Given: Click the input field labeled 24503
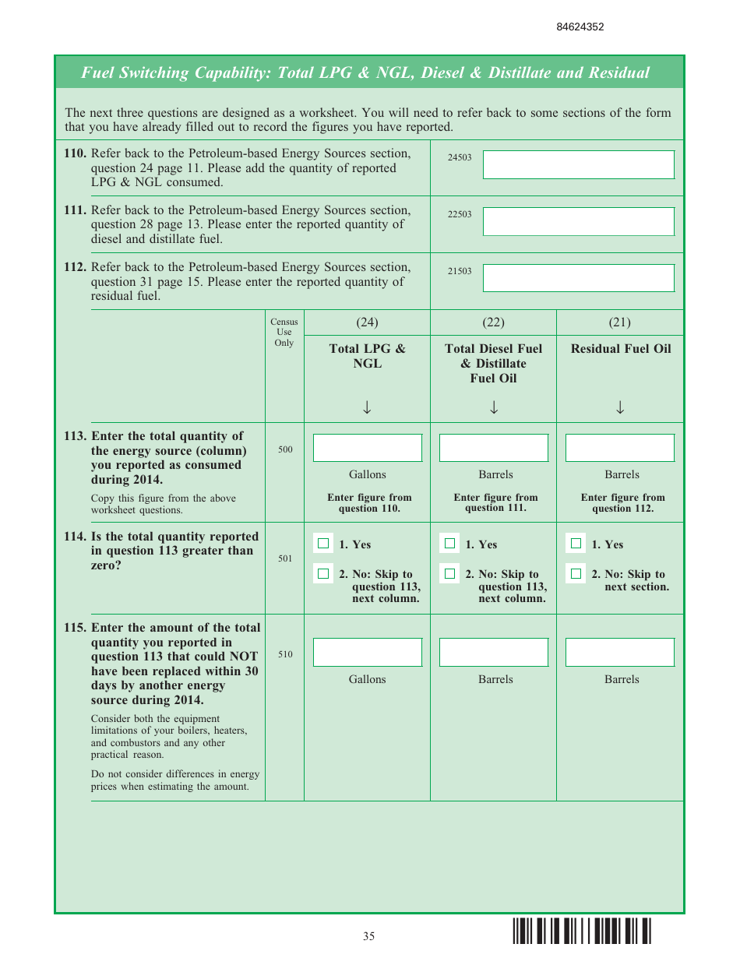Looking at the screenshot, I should pyautogui.click(x=578, y=164).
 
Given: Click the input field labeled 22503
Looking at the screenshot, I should pyautogui.click(x=578, y=221).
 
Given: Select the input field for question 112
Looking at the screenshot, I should pyautogui.click(x=578, y=278).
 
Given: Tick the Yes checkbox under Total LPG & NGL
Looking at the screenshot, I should pyautogui.click(x=323, y=544).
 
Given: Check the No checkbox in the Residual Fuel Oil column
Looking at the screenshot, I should pyautogui.click(x=576, y=574).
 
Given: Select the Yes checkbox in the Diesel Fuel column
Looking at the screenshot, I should pyautogui.click(x=449, y=544).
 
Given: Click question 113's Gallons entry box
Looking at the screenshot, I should pyautogui.click(x=367, y=448).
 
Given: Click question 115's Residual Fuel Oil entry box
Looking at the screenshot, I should pyautogui.click(x=619, y=653).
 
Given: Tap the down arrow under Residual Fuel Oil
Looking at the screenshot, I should pyautogui.click(x=620, y=407).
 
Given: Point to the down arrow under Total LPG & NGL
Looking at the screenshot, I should pyautogui.click(x=367, y=407).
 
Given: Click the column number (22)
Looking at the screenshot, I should pyautogui.click(x=493, y=322).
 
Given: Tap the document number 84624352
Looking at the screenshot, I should pyautogui.click(x=580, y=26).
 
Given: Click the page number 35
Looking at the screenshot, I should pyautogui.click(x=368, y=936).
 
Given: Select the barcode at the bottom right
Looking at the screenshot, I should pyautogui.click(x=582, y=932).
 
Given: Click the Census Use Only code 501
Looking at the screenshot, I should pyautogui.click(x=285, y=558).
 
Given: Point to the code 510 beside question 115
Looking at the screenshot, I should pyautogui.click(x=285, y=654).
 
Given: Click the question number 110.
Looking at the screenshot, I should pyautogui.click(x=75, y=153).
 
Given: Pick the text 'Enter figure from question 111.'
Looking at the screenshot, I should pyautogui.click(x=495, y=502).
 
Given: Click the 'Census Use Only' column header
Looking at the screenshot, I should pyautogui.click(x=284, y=332).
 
